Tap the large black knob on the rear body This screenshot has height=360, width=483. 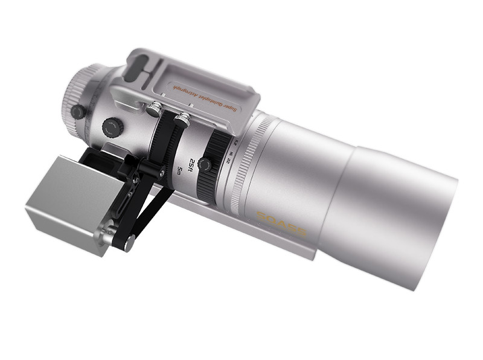pyautogui.click(x=112, y=127)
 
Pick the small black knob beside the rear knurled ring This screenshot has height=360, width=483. pyautogui.click(x=77, y=112)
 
